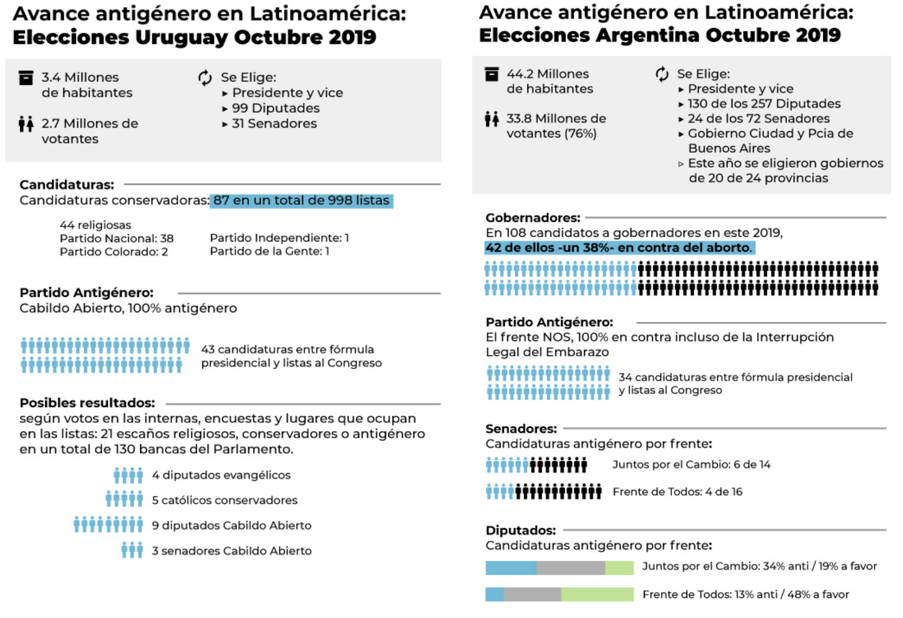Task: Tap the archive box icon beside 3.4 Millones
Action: click(x=26, y=78)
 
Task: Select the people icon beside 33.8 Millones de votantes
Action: click(x=492, y=119)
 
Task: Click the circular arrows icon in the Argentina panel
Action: click(x=662, y=74)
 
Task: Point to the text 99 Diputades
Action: click(x=276, y=108)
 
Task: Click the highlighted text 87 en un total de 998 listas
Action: click(x=301, y=201)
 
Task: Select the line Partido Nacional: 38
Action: click(x=117, y=238)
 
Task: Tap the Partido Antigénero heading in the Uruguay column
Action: click(x=86, y=293)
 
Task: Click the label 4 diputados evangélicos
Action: click(x=221, y=475)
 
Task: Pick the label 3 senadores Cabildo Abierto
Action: click(x=232, y=551)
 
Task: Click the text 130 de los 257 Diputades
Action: click(x=764, y=104)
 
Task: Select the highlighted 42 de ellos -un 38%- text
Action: click(x=619, y=248)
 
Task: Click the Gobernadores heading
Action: click(x=532, y=218)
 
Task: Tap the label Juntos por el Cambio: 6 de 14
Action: click(x=691, y=465)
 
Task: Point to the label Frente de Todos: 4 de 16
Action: click(x=677, y=492)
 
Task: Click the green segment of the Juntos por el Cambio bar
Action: click(x=619, y=567)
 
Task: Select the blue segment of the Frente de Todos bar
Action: click(x=494, y=594)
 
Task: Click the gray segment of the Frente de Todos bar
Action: click(x=532, y=594)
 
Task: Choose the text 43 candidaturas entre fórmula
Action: click(x=287, y=350)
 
